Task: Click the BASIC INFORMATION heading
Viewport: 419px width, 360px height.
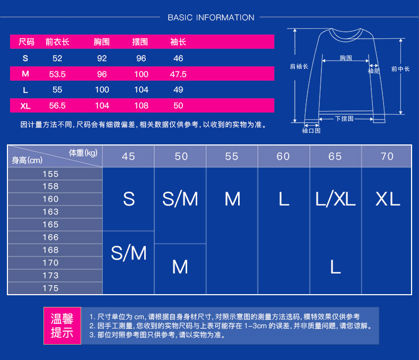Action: pyautogui.click(x=211, y=18)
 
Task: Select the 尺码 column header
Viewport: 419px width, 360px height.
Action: pyautogui.click(x=26, y=42)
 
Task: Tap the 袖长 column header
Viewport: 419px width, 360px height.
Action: pyautogui.click(x=178, y=42)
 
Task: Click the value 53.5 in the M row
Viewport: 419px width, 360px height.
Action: pyautogui.click(x=57, y=74)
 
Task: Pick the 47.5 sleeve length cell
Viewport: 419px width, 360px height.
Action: pyautogui.click(x=178, y=74)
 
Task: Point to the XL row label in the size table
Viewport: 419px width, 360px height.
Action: pyautogui.click(x=25, y=106)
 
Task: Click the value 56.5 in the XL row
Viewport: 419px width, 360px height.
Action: pyautogui.click(x=57, y=106)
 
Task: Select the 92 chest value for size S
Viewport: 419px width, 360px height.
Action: pyautogui.click(x=102, y=58)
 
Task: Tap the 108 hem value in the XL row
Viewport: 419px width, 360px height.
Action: pyautogui.click(x=141, y=106)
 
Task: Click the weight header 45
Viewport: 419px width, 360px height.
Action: pyautogui.click(x=128, y=156)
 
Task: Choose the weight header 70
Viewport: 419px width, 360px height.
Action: pyautogui.click(x=387, y=156)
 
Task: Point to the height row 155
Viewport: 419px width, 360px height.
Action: pyautogui.click(x=51, y=174)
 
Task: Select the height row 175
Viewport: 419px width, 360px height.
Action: pyautogui.click(x=51, y=288)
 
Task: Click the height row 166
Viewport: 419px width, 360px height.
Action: pyautogui.click(x=51, y=237)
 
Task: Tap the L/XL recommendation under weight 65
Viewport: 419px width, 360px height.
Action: pyautogui.click(x=335, y=199)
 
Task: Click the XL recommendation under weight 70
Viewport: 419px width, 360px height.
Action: pyautogui.click(x=387, y=199)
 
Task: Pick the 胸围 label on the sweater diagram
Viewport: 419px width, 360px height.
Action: pyautogui.click(x=346, y=58)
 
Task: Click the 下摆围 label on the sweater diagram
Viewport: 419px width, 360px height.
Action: pyautogui.click(x=344, y=118)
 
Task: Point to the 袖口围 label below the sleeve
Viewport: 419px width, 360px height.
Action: pyautogui.click(x=311, y=130)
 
